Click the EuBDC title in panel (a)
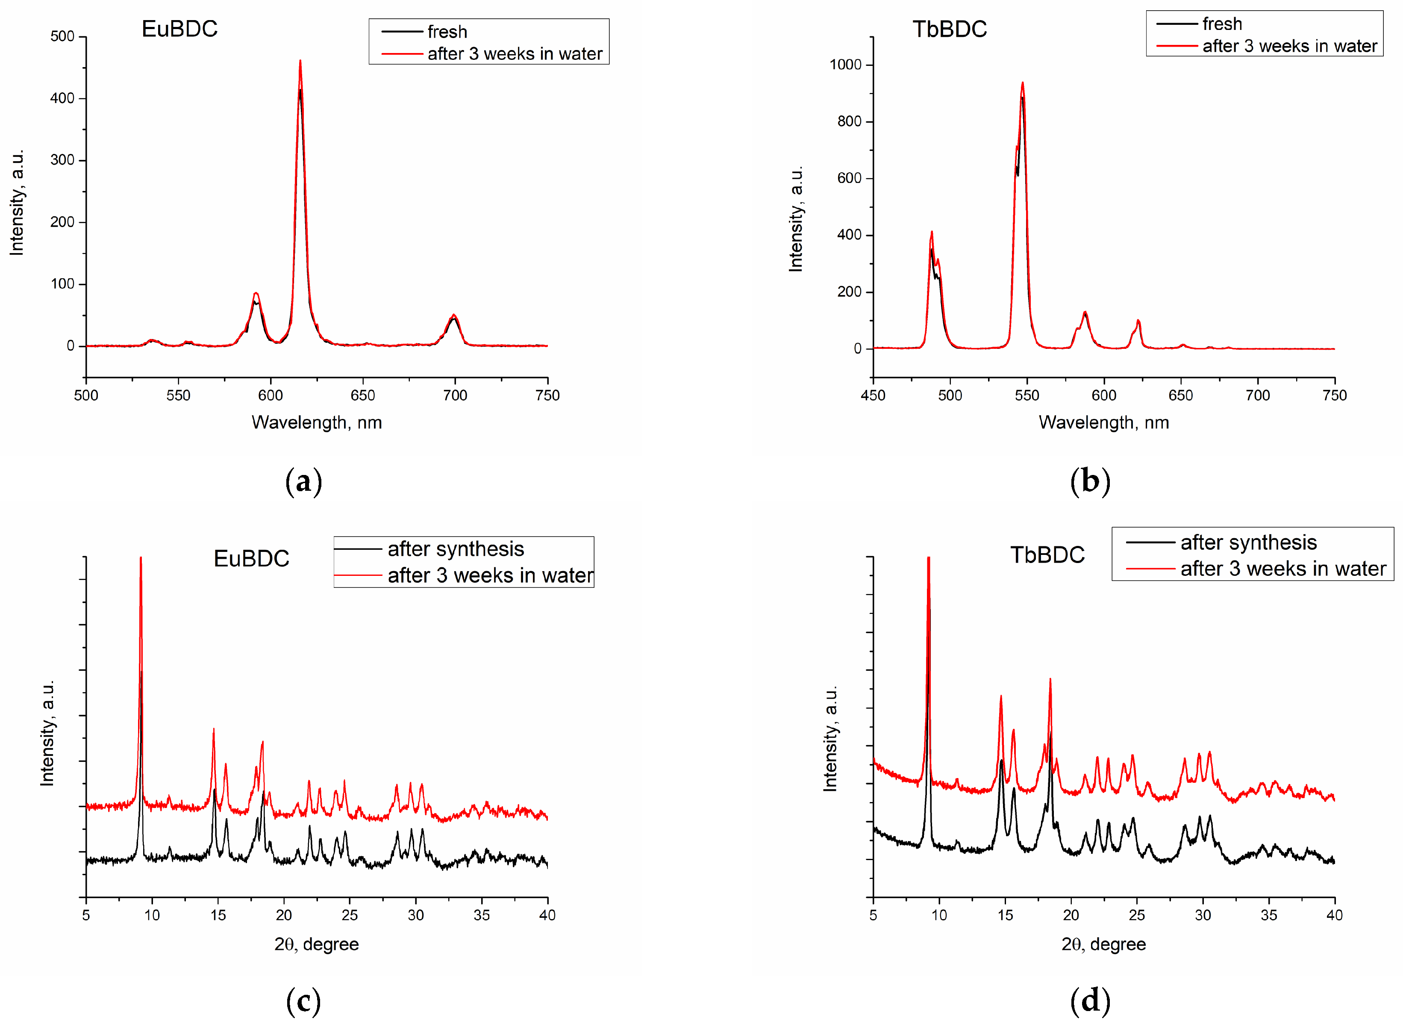pyautogui.click(x=179, y=29)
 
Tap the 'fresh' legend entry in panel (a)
pyautogui.click(x=447, y=32)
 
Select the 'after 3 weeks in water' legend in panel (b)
pyautogui.click(x=1289, y=46)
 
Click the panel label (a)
pyautogui.click(x=303, y=481)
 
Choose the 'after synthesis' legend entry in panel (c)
pyautogui.click(x=456, y=549)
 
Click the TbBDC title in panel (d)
pyautogui.click(x=1047, y=554)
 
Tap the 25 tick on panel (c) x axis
pyautogui.click(x=350, y=915)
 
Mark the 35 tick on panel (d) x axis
pyautogui.click(x=1268, y=915)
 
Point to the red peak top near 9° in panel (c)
pyautogui.click(x=141, y=558)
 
